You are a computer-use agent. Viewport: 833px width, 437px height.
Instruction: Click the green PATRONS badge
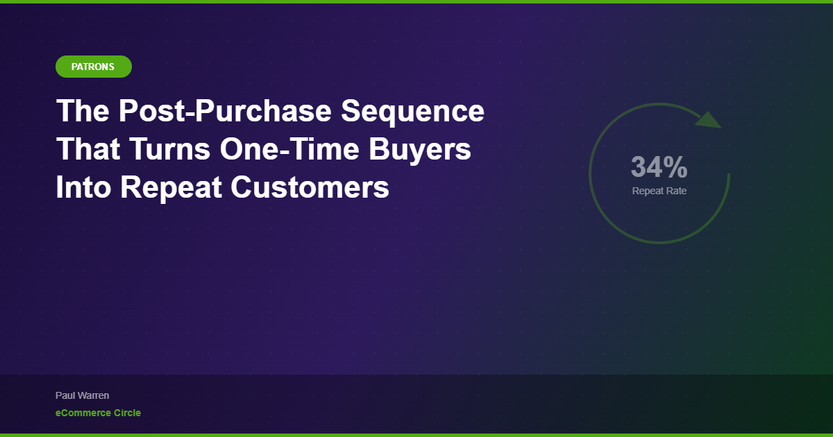tap(93, 67)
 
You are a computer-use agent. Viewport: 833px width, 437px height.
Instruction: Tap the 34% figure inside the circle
tap(659, 167)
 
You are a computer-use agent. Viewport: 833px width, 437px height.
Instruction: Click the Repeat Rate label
tap(659, 191)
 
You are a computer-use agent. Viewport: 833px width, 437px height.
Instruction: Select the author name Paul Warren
tap(82, 395)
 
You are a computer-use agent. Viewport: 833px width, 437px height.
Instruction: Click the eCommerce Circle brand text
tap(98, 413)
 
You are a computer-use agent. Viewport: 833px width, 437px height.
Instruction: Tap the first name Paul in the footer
tap(65, 395)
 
